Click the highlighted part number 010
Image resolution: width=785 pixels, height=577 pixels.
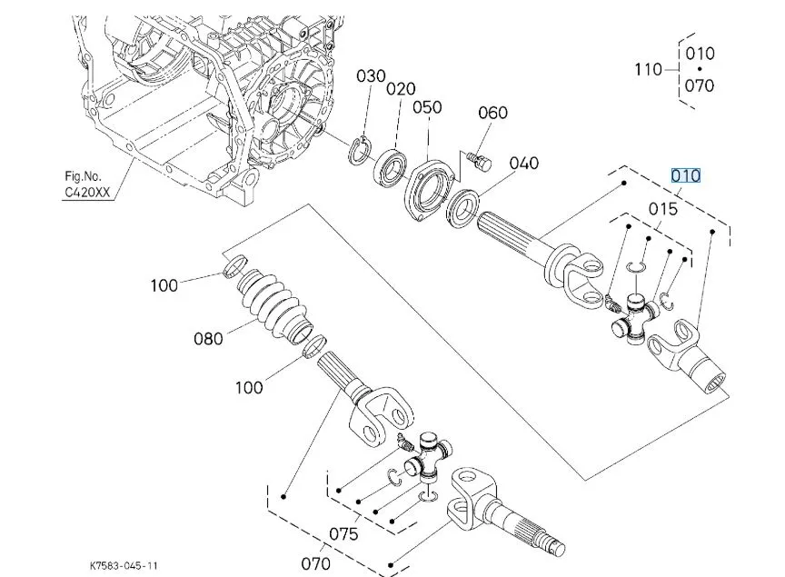pyautogui.click(x=685, y=174)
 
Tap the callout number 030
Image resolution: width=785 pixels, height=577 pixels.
pyautogui.click(x=371, y=76)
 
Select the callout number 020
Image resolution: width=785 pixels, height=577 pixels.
pyautogui.click(x=400, y=89)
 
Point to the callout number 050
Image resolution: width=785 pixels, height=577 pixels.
pyautogui.click(x=427, y=107)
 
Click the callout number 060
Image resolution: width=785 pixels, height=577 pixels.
pyautogui.click(x=492, y=113)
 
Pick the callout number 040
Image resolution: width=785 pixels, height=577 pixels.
pyautogui.click(x=523, y=164)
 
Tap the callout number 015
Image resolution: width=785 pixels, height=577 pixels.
pyautogui.click(x=663, y=209)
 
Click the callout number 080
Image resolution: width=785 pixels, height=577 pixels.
pyautogui.click(x=208, y=339)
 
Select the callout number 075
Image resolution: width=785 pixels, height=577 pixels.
pyautogui.click(x=343, y=533)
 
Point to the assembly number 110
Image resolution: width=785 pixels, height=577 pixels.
pyautogui.click(x=649, y=69)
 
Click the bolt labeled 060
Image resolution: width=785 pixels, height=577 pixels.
pyautogui.click(x=476, y=161)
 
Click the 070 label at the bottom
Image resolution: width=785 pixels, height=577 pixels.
pyautogui.click(x=315, y=563)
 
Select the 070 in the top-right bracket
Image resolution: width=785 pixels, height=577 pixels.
pyautogui.click(x=700, y=85)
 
